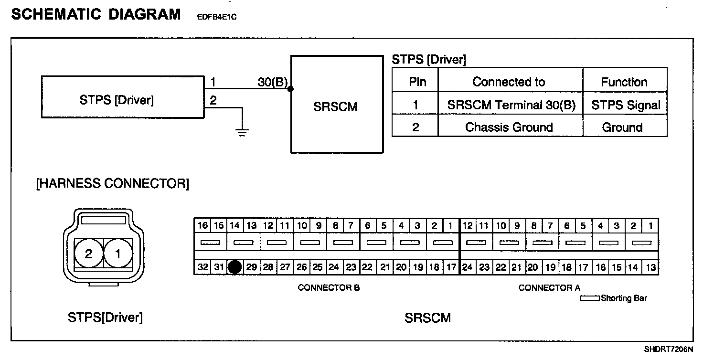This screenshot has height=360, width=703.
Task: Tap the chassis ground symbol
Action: [243, 132]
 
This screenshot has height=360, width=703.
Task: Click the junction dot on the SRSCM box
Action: [291, 89]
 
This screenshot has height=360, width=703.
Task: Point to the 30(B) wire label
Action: [272, 82]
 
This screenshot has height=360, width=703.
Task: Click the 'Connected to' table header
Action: [509, 82]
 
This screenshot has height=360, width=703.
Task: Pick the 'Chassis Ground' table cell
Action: [509, 127]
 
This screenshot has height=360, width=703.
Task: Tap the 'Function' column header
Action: [624, 82]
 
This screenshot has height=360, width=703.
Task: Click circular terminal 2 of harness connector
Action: [88, 254]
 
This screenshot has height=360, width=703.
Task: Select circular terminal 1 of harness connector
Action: [118, 254]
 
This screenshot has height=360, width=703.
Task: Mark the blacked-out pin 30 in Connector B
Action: [234, 267]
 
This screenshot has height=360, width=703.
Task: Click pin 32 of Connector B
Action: [202, 267]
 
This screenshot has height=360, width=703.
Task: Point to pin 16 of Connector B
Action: [202, 225]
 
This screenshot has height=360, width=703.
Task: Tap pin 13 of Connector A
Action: [650, 267]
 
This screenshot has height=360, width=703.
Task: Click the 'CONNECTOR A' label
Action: [549, 287]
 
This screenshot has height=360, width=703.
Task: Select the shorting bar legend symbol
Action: [590, 298]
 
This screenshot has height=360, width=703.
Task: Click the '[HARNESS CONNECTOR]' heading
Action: [113, 184]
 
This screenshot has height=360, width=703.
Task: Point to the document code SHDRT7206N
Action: [668, 349]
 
